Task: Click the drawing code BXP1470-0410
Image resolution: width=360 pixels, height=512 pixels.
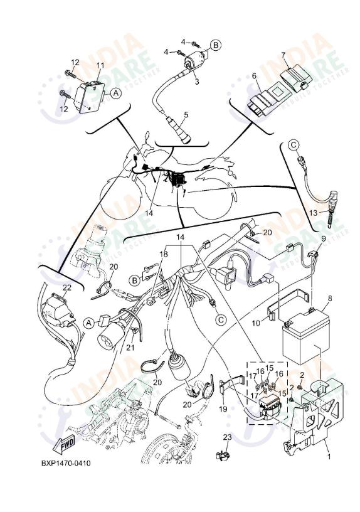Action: [66, 463]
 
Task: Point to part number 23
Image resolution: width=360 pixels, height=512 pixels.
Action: [227, 437]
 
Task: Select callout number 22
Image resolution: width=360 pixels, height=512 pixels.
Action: [67, 288]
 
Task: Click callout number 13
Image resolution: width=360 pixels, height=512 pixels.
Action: [313, 213]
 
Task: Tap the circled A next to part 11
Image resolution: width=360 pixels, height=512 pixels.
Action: [115, 93]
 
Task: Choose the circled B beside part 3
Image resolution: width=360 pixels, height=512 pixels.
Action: [214, 45]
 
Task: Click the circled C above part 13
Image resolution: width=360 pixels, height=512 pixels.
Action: [294, 146]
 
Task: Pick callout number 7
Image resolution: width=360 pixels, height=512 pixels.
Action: [283, 55]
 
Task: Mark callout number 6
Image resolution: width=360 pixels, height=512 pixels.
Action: [255, 75]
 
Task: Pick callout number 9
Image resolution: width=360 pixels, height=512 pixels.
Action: [324, 238]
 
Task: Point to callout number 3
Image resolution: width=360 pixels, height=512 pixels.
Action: [196, 81]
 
